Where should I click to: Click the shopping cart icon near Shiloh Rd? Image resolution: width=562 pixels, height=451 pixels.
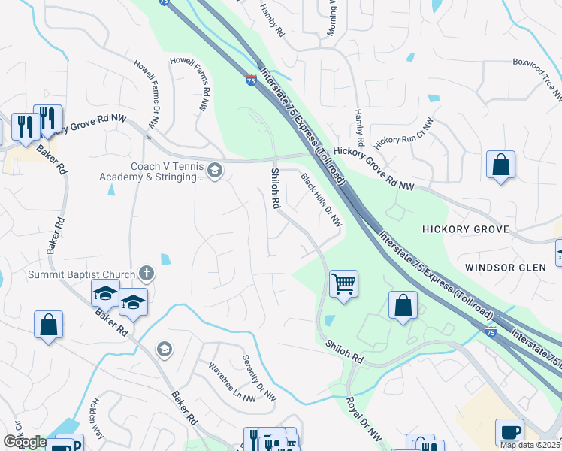pos(343,284)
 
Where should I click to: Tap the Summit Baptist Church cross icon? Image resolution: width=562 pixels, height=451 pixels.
pos(146,275)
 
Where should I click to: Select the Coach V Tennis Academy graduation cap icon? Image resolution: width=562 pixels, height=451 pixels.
pos(215,171)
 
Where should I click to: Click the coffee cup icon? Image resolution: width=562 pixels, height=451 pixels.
pos(509,432)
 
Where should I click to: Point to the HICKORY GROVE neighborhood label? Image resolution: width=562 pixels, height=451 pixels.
pos(465,229)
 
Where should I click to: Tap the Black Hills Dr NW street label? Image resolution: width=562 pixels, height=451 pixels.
pos(322,201)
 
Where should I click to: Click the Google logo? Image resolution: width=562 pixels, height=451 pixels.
pos(25,442)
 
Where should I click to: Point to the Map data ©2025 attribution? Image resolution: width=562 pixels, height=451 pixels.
pos(530,445)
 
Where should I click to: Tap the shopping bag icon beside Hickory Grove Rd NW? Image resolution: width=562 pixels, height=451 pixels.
pos(500,165)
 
